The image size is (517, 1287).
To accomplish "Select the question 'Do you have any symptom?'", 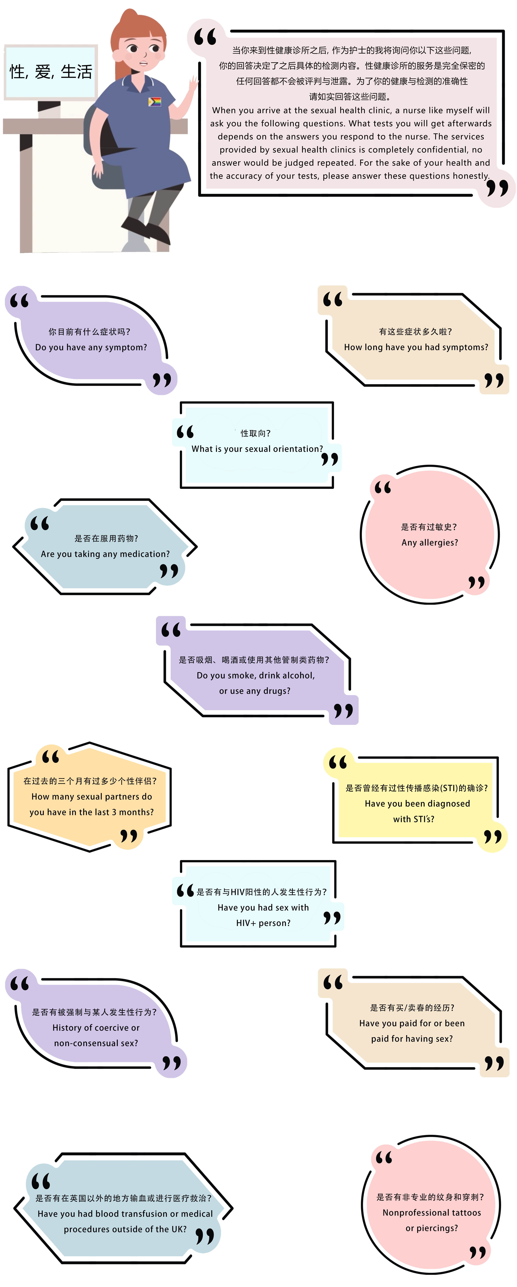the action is pos(91,347).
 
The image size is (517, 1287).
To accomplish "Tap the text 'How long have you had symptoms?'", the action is pos(416,347).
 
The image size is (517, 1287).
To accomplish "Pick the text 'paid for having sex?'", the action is pos(412,1039).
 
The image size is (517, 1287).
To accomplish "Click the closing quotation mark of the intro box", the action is pos(497,188).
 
